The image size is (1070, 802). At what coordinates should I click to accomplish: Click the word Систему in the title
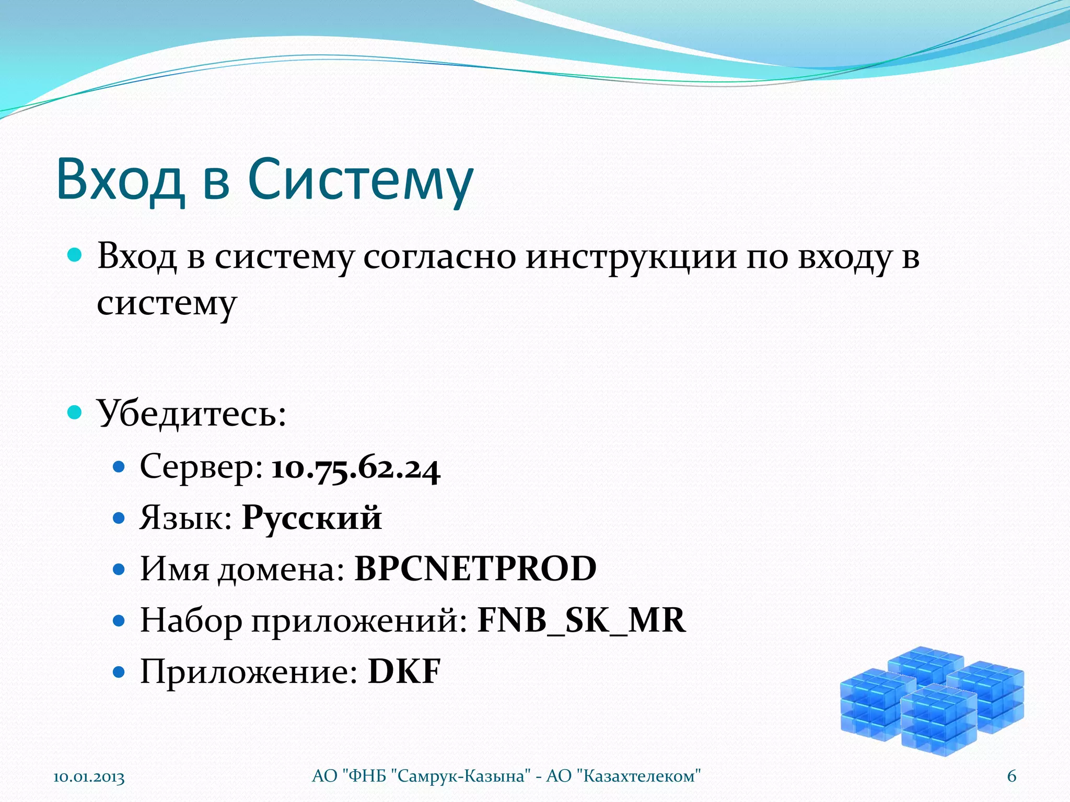[360, 180]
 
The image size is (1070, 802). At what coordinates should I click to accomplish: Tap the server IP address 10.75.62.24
[356, 468]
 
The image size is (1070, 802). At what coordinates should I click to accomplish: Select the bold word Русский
[312, 518]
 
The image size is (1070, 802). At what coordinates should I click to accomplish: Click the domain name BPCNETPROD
[475, 569]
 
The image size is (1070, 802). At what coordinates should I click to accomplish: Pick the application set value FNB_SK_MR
[581, 620]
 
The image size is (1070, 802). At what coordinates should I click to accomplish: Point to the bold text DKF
[404, 671]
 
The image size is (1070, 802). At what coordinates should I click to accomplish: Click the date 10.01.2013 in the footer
[89, 777]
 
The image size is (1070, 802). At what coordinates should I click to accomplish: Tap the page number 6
[1011, 776]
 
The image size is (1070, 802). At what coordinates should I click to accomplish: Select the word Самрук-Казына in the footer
[460, 776]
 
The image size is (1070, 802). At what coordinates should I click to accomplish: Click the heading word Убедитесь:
[192, 414]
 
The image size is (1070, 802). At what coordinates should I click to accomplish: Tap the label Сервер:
[201, 467]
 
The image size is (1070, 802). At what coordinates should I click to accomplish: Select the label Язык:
[185, 518]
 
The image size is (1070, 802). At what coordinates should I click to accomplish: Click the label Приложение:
[249, 671]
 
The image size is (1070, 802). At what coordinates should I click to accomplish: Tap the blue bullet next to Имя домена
[119, 569]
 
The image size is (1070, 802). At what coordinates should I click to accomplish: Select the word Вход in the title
[121, 180]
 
